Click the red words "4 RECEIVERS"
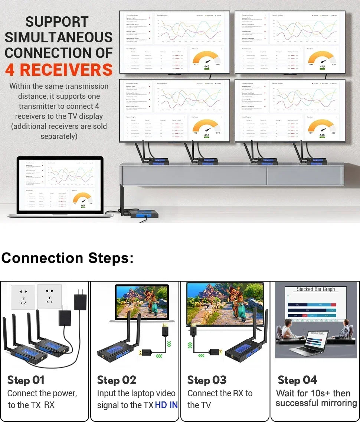pyautogui.click(x=59, y=70)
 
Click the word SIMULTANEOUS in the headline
pyautogui.click(x=59, y=37)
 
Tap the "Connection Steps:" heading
pyautogui.click(x=67, y=258)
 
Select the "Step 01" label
pyautogui.click(x=26, y=380)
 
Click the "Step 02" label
pyautogui.click(x=117, y=380)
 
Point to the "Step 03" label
pyautogui.click(x=207, y=380)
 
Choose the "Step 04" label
pyautogui.click(x=297, y=380)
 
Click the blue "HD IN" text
pyautogui.click(x=166, y=405)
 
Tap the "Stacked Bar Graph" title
pyautogui.click(x=315, y=289)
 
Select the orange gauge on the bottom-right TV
pyautogui.click(x=322, y=127)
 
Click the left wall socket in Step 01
pyautogui.click(x=23, y=297)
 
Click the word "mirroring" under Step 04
pyautogui.click(x=337, y=403)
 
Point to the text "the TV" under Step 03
pyautogui.click(x=199, y=405)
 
